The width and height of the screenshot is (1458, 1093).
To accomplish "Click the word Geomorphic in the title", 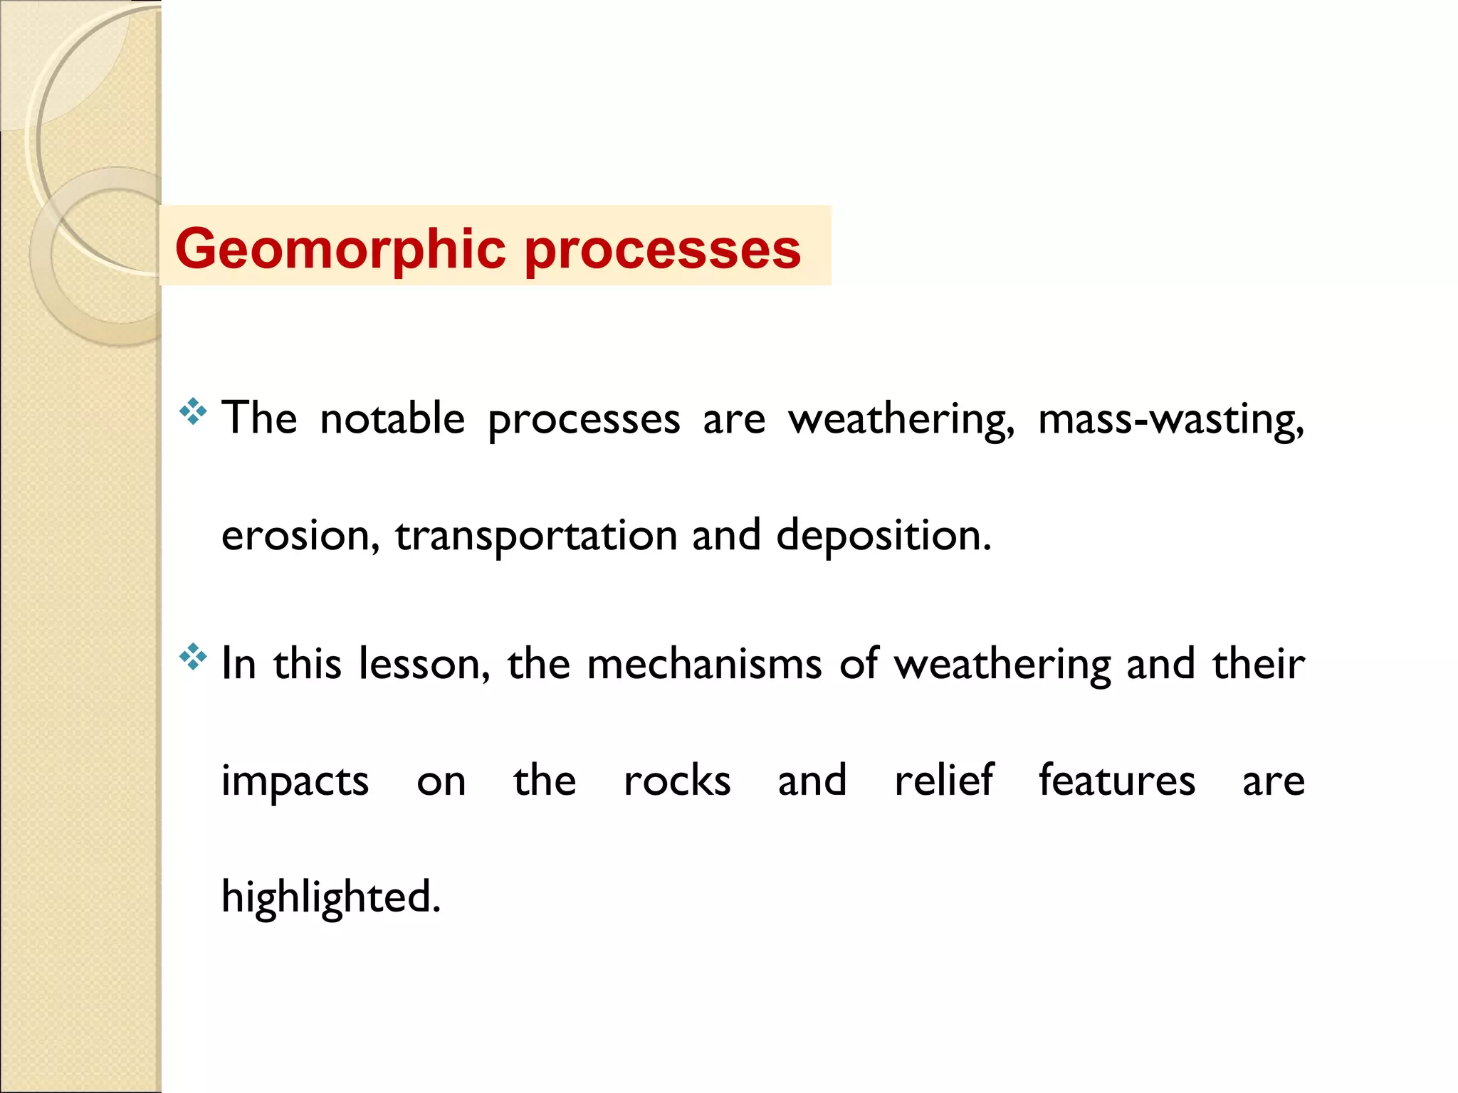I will (x=340, y=249).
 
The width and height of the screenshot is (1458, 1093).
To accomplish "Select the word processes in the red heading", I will (x=662, y=250).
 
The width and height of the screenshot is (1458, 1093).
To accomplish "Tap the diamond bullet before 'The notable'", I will (x=193, y=412).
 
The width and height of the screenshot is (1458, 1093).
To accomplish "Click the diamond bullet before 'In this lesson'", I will (x=193, y=657).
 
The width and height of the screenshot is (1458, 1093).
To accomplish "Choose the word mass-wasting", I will (x=1170, y=419).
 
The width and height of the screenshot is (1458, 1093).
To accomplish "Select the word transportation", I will (x=536, y=537).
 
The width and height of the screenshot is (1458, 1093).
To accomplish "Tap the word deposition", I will (x=883, y=535).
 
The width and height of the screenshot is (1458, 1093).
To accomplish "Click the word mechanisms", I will (x=704, y=663).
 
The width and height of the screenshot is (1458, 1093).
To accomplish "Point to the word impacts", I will (x=295, y=781).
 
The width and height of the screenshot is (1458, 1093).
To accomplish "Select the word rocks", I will (x=677, y=780).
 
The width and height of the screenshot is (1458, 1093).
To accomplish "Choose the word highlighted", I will (x=331, y=897).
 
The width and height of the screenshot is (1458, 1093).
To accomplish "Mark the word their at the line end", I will (x=1259, y=663).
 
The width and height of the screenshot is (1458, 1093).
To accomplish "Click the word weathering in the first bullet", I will (x=901, y=419).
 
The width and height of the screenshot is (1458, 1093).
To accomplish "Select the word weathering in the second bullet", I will (x=1002, y=665).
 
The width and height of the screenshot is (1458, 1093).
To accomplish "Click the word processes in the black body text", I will (x=584, y=420).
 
